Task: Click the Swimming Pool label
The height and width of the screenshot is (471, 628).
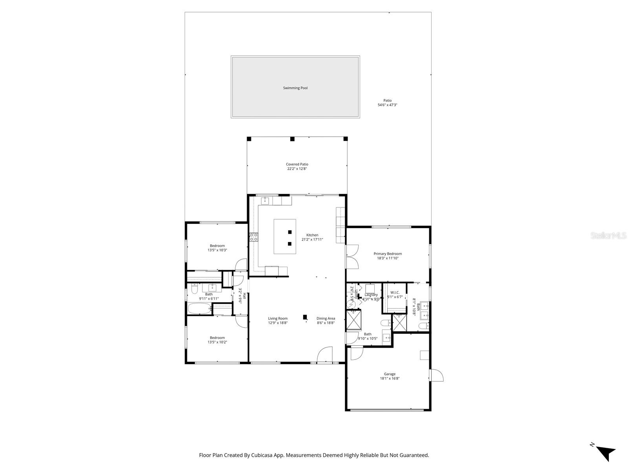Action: pyautogui.click(x=295, y=88)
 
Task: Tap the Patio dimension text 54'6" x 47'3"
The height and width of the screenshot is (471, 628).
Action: pyautogui.click(x=387, y=105)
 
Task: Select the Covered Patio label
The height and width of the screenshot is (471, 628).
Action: pyautogui.click(x=297, y=164)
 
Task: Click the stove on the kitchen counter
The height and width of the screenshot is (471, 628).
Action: pyautogui.click(x=254, y=237)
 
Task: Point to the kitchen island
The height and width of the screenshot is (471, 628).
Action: pyautogui.click(x=285, y=236)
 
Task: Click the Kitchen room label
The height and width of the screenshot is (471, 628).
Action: pyautogui.click(x=312, y=235)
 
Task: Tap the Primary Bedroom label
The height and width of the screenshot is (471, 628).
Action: pyautogui.click(x=388, y=254)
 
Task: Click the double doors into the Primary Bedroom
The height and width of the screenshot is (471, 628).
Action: pyautogui.click(x=352, y=257)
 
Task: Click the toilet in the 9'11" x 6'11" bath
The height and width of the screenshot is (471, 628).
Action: pyautogui.click(x=193, y=290)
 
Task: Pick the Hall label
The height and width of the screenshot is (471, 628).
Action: pyautogui.click(x=244, y=296)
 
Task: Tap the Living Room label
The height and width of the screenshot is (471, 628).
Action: pyautogui.click(x=278, y=319)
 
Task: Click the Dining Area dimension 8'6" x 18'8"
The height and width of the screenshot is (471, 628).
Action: pyautogui.click(x=326, y=323)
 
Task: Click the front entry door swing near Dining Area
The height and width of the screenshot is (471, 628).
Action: pyautogui.click(x=325, y=354)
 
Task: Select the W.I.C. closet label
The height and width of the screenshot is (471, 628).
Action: pyautogui.click(x=395, y=292)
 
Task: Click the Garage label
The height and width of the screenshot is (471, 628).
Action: pyautogui.click(x=390, y=374)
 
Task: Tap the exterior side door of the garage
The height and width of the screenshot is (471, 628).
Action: pyautogui.click(x=437, y=375)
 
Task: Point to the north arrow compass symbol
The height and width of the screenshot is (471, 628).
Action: pyautogui.click(x=605, y=453)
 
